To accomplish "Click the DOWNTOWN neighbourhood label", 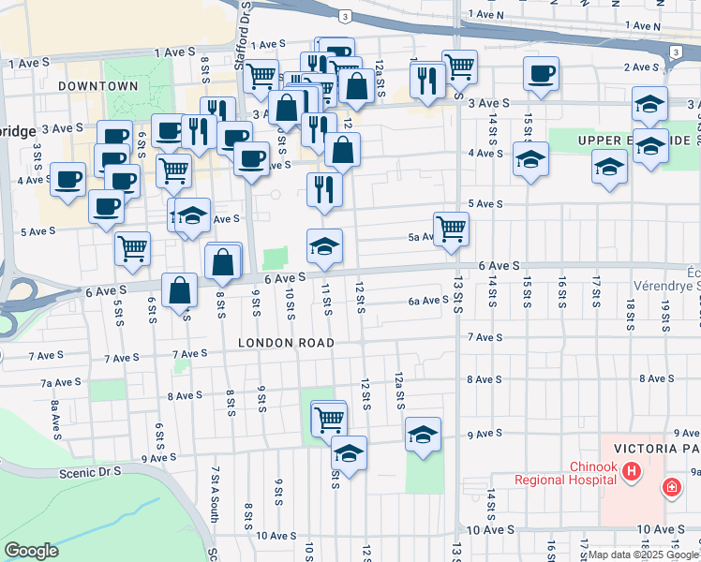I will point(97,86).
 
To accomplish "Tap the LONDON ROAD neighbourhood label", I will point(286,343).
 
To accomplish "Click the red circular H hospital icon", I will point(632,471).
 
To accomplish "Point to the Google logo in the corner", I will point(31,551).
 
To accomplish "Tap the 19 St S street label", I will point(665,318).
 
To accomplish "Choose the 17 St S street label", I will point(596,291).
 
